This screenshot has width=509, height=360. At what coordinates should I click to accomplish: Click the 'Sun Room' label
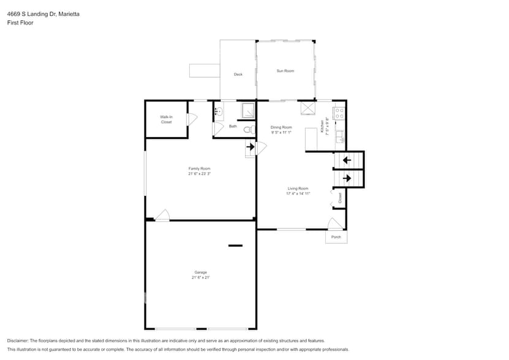[285, 71]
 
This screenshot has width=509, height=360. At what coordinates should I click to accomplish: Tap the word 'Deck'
[238, 75]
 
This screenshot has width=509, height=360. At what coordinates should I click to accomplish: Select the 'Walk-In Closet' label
[166, 119]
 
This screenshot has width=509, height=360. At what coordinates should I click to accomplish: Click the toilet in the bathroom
[248, 130]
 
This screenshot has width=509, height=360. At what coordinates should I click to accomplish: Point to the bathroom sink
[218, 111]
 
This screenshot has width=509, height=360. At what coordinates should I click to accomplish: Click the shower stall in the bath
[246, 111]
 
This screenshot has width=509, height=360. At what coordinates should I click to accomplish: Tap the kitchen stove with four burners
[340, 113]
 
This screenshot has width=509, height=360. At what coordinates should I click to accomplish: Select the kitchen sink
[340, 136]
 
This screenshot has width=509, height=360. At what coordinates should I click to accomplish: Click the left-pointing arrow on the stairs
[347, 160]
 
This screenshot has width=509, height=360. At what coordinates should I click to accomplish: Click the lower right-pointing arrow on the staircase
[347, 178]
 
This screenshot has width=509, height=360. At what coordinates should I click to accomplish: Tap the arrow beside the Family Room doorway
[251, 147]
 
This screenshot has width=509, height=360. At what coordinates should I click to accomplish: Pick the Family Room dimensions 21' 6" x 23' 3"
[200, 174]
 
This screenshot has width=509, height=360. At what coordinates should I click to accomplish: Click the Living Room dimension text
[298, 193]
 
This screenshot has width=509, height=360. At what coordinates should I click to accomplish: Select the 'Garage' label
[200, 272]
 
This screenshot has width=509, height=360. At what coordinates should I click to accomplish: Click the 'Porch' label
[336, 237]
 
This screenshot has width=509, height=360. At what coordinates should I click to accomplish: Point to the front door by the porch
[335, 224]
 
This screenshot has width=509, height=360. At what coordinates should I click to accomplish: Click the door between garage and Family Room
[162, 216]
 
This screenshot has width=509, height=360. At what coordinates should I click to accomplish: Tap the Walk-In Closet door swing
[191, 119]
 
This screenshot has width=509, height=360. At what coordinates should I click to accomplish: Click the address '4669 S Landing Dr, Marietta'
[42, 13]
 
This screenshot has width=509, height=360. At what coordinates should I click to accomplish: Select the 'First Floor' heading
[20, 23]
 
